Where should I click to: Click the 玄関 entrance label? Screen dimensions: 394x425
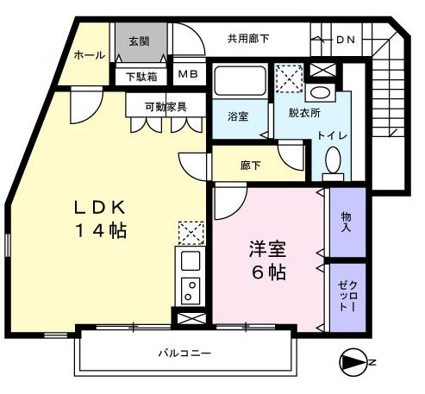[x=139, y=41]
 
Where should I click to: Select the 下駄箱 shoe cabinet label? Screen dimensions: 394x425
[x=141, y=76]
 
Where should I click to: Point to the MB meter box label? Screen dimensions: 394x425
[x=188, y=74]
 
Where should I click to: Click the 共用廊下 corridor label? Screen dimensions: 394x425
[x=248, y=38]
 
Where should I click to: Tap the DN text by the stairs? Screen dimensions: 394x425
[x=345, y=40]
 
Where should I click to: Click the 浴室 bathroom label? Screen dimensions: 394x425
[x=238, y=117]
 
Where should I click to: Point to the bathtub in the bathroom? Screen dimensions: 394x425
[x=241, y=82]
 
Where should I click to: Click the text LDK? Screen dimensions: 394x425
[x=99, y=208]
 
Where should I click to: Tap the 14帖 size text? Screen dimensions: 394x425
[x=99, y=230]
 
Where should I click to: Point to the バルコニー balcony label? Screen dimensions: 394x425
[x=184, y=353]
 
